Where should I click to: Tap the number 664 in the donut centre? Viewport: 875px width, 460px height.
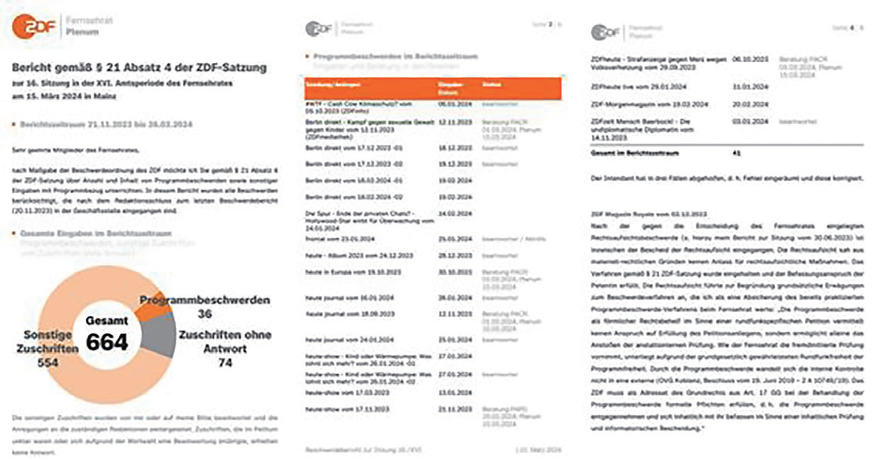pos(107,343)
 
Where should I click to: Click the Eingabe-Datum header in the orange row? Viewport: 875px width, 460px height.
pos(450,88)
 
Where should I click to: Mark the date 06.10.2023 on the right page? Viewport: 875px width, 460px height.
pos(749,60)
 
